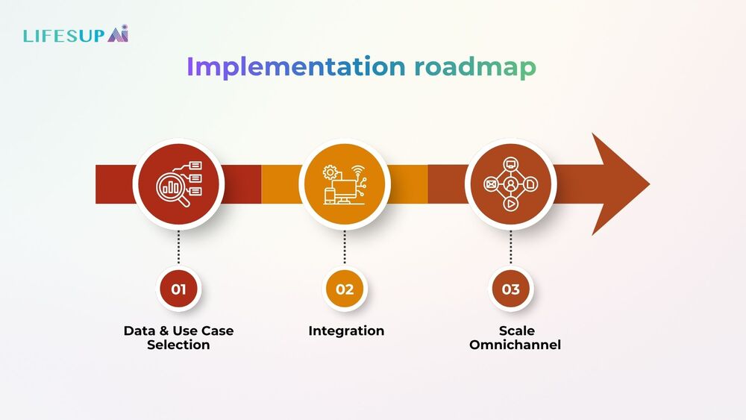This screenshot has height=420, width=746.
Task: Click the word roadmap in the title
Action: (475, 66)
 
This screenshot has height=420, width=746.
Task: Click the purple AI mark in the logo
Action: (117, 34)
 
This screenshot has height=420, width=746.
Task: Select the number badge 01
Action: (178, 289)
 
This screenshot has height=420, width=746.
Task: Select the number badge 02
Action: (345, 289)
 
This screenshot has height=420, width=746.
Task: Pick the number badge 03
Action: (510, 289)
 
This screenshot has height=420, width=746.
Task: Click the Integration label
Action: (346, 330)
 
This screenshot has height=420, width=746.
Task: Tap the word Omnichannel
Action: (515, 345)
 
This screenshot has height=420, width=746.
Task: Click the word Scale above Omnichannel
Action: (516, 330)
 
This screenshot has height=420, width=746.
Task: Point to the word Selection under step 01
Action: (178, 345)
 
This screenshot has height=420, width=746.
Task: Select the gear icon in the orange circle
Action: (329, 172)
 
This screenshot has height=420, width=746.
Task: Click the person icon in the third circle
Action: (511, 184)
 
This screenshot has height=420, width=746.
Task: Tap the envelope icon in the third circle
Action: (491, 184)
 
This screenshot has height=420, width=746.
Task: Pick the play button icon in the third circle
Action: (511, 203)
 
